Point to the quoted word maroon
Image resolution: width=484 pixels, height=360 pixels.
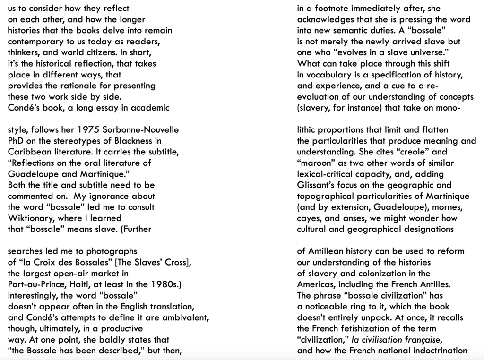316,163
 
